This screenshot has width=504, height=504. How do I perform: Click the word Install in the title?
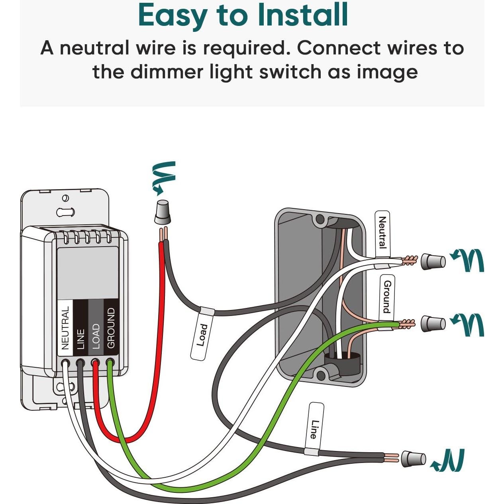coord(303,15)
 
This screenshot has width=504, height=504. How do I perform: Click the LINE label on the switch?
coord(80,339)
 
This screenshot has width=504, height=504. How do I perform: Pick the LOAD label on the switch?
coord(96,336)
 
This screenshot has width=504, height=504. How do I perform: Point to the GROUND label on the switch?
coord(111,328)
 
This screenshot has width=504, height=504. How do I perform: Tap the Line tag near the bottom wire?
coord(315,429)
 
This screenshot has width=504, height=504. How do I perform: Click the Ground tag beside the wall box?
coord(387,297)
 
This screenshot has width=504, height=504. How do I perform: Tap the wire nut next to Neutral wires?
coord(433,261)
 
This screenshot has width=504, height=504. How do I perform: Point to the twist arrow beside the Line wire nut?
coord(449,461)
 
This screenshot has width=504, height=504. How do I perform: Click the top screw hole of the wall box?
coord(320,219)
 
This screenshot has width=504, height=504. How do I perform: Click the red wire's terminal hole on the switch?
coord(95,363)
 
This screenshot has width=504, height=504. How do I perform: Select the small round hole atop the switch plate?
coord(65,198)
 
